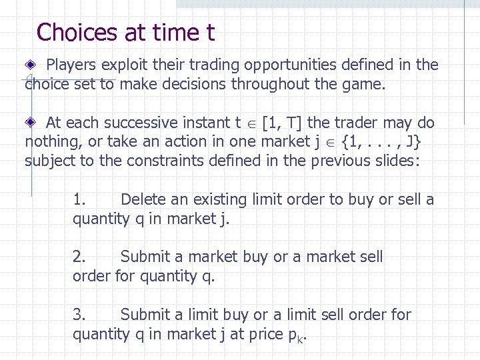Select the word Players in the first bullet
(x=71, y=65)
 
